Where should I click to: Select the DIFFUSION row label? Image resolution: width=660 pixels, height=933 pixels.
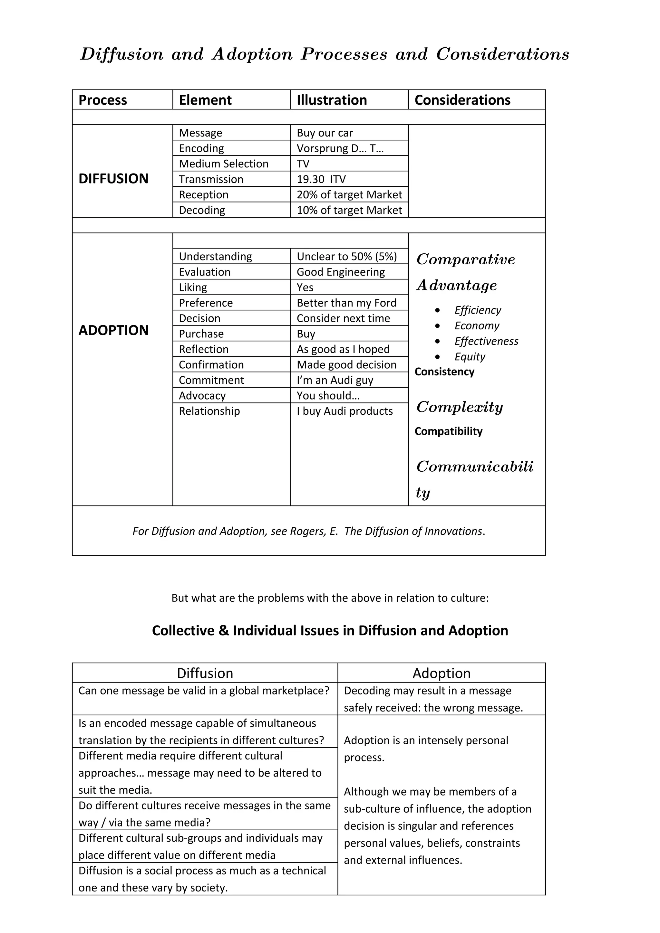(113, 179)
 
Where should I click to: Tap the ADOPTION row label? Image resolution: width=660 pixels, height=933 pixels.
(113, 330)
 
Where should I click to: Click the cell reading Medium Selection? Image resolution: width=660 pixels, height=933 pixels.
(224, 164)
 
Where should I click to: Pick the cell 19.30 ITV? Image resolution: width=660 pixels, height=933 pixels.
(321, 179)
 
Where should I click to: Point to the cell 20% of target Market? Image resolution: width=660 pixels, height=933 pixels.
(349, 195)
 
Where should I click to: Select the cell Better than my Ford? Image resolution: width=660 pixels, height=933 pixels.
(346, 303)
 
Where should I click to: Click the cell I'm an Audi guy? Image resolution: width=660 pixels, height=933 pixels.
(335, 380)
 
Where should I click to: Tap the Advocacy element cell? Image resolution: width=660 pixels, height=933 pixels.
(202, 395)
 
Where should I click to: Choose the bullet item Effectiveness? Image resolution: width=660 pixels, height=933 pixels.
(486, 341)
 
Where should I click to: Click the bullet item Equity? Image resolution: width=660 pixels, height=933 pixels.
(470, 357)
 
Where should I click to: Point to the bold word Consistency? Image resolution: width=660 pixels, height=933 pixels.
(444, 372)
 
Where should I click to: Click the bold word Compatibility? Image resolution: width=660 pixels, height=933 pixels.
(448, 431)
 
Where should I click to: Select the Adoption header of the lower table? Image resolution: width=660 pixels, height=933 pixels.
(441, 673)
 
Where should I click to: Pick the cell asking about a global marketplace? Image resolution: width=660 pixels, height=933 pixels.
(204, 691)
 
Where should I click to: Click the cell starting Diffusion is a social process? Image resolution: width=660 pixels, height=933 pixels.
(202, 879)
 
